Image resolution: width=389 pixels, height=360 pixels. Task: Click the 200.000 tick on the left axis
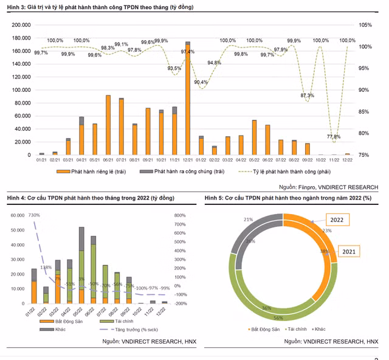point(21,25)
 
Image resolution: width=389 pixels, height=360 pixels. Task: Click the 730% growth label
point(34,215)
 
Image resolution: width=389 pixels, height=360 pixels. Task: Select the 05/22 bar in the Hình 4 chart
point(81,265)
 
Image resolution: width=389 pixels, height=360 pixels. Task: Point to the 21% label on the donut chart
point(249,219)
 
